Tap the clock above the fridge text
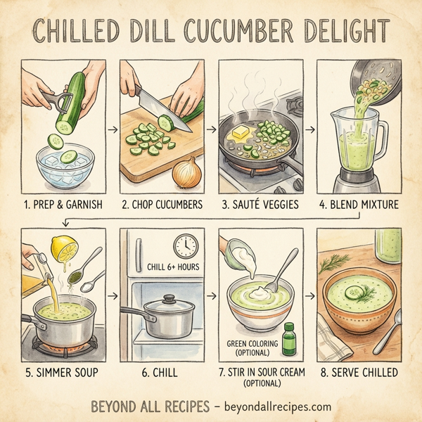click(x=185, y=245)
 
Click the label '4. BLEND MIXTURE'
click(x=358, y=206)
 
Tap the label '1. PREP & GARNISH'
click(x=63, y=206)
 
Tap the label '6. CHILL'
click(x=162, y=371)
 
